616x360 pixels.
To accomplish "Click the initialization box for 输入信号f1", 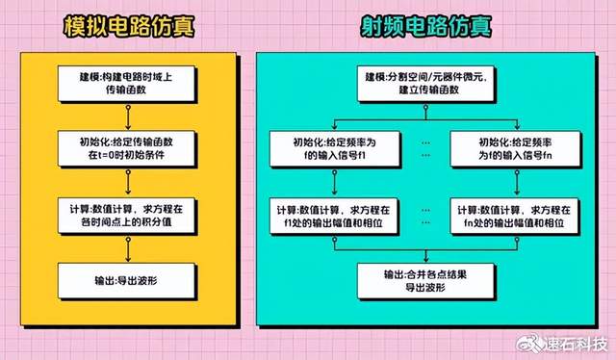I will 333,149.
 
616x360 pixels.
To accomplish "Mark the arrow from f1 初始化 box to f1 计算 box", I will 333,183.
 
